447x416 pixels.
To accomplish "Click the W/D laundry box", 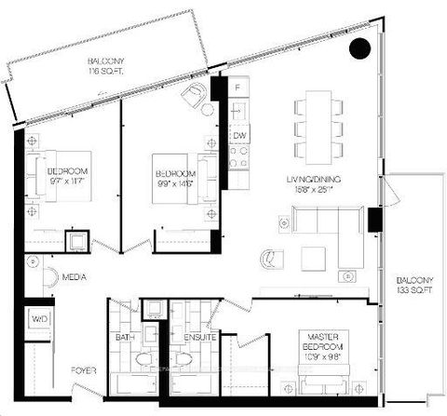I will [x=39, y=318].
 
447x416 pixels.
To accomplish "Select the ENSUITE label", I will [x=200, y=338].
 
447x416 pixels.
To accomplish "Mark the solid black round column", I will [x=360, y=47].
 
